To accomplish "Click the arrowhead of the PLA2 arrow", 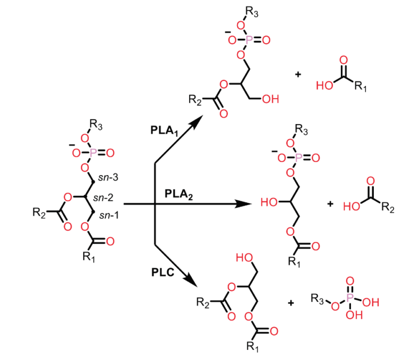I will click(x=244, y=204).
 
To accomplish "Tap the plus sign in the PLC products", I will click(x=291, y=303).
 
